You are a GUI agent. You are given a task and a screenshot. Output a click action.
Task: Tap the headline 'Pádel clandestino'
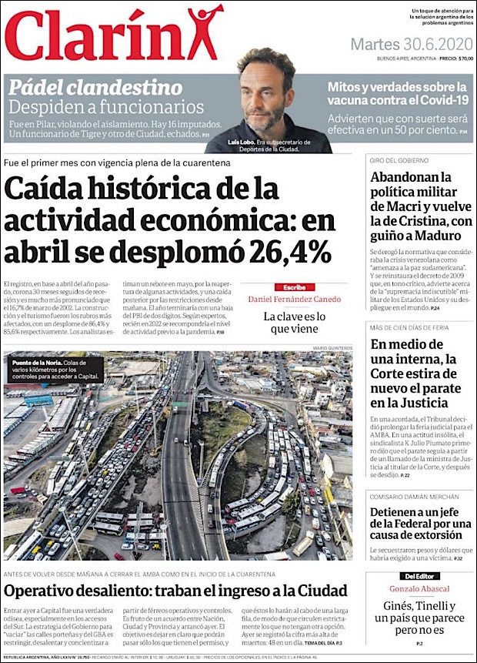95,86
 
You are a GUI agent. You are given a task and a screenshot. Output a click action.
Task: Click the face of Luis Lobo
265,97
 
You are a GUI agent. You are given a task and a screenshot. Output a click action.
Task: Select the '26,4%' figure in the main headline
291,252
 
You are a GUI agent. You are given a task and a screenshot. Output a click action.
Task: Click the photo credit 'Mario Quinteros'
332,348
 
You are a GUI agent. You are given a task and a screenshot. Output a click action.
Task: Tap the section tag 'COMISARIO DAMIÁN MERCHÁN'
413,497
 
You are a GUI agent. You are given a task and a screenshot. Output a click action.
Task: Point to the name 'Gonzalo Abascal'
419,588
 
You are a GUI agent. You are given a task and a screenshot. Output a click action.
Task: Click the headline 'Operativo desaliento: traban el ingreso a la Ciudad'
175,591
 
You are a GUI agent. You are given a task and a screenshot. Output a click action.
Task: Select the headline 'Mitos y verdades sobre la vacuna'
397,94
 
